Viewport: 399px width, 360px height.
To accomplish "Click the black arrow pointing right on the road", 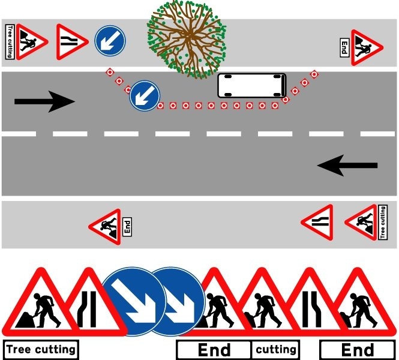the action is pos(44,101).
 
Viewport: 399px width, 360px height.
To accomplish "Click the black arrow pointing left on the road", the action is pos(347,166).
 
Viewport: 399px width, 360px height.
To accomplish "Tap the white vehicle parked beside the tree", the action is pos(252,86).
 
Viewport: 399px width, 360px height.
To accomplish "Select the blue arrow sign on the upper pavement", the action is pos(110,41).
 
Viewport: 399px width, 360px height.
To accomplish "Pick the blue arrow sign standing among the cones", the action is pos(145,95).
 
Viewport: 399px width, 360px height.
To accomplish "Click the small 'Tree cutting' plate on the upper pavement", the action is pos(10,42).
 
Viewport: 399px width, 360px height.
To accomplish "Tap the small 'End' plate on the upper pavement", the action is pos(344,47).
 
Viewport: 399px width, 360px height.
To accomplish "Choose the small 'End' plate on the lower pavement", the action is pos(127,227).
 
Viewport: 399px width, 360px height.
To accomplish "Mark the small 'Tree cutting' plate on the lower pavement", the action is pos(383,223).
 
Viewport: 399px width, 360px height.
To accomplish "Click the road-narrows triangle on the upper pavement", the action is pos(72,42).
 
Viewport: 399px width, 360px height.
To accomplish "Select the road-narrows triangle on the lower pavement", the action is pos(317,223).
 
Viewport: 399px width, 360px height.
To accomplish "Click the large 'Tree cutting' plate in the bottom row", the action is pos(41,349).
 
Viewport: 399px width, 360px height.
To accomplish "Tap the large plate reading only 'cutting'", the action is pos(275,350).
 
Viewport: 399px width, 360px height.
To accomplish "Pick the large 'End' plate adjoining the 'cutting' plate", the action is pos(214,350).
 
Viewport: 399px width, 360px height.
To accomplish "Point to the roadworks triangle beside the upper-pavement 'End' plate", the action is pos(367,47).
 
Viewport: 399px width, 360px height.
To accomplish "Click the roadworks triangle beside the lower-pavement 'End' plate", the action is pos(105,227).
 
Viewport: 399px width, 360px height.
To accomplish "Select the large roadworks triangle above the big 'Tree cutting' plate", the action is pos(41,302).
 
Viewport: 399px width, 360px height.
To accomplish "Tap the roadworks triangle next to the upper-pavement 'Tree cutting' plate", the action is pos(32,42).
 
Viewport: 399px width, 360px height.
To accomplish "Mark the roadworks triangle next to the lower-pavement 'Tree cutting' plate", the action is pos(361,223).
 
